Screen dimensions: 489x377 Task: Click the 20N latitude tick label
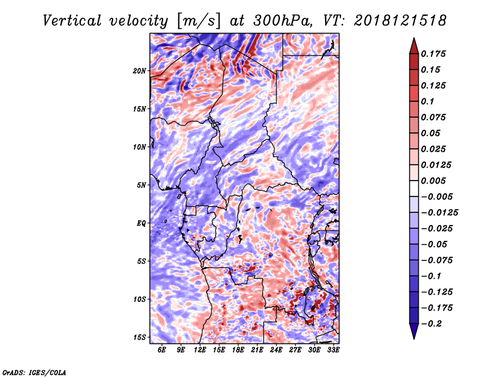139,71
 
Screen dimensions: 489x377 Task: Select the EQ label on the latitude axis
141,223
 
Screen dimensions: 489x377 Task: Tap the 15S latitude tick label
139,337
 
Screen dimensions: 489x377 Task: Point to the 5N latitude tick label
141,185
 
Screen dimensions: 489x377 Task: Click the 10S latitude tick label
139,300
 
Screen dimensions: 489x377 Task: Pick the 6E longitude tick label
161,350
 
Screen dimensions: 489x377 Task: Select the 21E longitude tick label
257,350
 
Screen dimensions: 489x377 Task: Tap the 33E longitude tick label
333,350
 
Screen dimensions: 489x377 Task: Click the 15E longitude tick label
219,350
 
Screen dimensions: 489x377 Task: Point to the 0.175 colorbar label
433,54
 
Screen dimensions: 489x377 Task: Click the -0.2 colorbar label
432,324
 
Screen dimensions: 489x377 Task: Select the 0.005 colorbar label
433,181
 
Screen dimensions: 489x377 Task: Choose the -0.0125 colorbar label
439,213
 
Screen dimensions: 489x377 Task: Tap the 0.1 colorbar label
427,101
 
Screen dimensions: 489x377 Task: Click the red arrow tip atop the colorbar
414,38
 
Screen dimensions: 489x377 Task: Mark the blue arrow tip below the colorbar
414,339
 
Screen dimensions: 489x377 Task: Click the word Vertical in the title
72,21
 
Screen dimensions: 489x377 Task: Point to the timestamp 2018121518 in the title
400,21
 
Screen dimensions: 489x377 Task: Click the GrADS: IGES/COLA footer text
34,372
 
